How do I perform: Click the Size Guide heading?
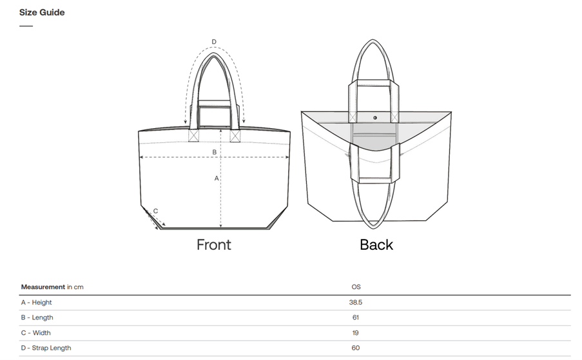tap(42, 12)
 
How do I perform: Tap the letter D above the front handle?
tap(214, 42)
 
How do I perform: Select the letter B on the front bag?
tap(215, 152)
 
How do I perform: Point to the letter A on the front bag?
tap(217, 178)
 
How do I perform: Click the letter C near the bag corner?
tap(156, 211)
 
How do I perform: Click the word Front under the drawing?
tap(213, 245)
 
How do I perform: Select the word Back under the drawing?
tap(376, 245)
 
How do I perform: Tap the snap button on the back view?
tap(376, 118)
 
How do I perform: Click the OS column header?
tap(356, 287)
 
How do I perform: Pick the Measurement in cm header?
tap(52, 287)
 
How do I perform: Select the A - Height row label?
tap(37, 302)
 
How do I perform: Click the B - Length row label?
tap(37, 317)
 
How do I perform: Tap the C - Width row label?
tap(36, 333)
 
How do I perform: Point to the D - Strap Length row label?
tap(46, 348)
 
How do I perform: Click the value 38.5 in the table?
tap(356, 302)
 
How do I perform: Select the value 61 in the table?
tap(356, 317)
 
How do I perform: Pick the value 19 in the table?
tap(356, 333)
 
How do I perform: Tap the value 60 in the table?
tap(356, 348)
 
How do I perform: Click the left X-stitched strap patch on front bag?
tap(193, 136)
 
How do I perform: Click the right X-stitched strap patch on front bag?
tap(235, 136)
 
